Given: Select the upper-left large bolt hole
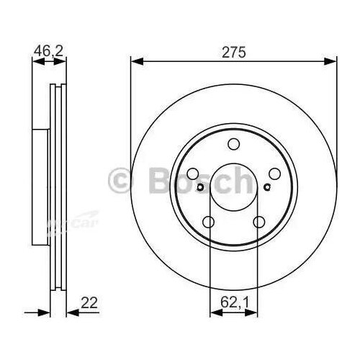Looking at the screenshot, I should tap(193, 174).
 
